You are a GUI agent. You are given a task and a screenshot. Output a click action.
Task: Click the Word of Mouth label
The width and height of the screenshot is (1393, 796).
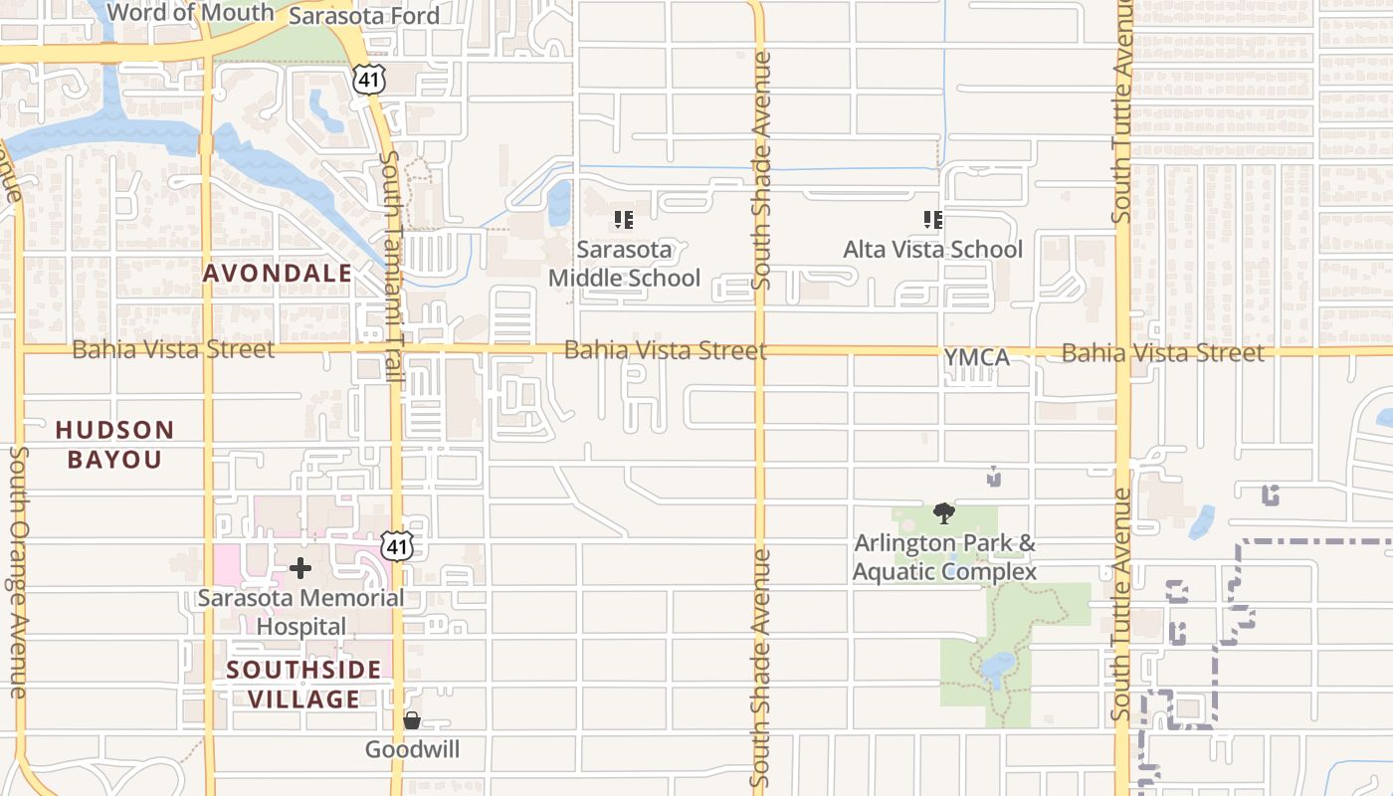(x=190, y=13)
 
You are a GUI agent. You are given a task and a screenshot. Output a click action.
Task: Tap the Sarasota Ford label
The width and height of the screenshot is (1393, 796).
(x=364, y=16)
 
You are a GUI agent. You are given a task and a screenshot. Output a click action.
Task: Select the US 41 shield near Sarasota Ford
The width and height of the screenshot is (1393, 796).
(x=368, y=80)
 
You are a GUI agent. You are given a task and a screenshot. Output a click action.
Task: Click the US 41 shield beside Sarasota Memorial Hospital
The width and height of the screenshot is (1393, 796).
(x=398, y=546)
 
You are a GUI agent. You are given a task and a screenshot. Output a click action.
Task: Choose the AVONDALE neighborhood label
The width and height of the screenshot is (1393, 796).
(x=278, y=273)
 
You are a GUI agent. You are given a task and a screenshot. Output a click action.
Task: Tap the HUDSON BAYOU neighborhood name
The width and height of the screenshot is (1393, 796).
(x=114, y=444)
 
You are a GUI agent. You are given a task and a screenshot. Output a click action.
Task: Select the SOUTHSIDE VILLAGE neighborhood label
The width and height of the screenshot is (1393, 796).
(x=303, y=684)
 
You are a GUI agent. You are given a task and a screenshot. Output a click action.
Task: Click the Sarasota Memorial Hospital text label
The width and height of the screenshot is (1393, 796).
(x=300, y=612)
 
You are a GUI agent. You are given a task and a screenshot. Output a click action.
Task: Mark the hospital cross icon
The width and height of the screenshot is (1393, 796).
(x=300, y=568)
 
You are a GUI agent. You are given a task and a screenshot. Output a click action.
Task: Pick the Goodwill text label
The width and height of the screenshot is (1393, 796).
(x=412, y=749)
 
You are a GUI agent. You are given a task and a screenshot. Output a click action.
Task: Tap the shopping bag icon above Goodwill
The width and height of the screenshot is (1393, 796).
(x=412, y=720)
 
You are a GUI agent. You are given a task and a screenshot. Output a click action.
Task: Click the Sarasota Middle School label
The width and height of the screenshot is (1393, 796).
(x=625, y=264)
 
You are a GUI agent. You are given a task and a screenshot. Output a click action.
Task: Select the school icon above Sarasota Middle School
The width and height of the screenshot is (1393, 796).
(x=624, y=219)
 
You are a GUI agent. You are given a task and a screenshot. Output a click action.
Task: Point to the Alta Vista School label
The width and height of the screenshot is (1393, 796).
(x=932, y=249)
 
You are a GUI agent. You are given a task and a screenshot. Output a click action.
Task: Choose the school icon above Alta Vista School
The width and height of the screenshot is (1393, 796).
(x=932, y=219)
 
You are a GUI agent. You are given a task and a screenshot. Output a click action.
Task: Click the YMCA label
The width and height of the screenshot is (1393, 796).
(x=976, y=356)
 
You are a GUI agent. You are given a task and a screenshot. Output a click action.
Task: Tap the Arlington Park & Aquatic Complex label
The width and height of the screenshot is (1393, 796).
(x=944, y=557)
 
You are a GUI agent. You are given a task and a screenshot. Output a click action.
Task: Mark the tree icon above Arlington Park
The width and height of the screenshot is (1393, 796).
(x=944, y=513)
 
